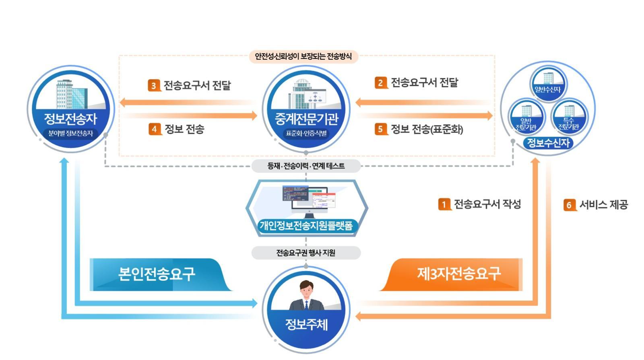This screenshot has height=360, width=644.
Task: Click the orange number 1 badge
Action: tap(444, 204)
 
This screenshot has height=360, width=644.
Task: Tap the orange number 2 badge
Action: tap(381, 83)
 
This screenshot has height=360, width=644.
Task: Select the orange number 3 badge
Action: tap(154, 85)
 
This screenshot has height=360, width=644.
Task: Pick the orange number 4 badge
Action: tap(155, 129)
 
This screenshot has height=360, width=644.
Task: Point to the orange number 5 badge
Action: tap(381, 129)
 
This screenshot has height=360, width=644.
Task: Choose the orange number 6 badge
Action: tap(569, 205)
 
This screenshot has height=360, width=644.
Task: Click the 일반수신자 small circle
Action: tap(548, 83)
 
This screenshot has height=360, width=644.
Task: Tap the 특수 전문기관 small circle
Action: tap(569, 117)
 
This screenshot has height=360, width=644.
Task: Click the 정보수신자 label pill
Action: tap(548, 143)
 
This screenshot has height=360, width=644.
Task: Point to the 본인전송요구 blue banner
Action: tap(161, 274)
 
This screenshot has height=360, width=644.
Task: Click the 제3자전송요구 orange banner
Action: tap(451, 274)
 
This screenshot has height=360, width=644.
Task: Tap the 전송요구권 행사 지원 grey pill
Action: tap(306, 253)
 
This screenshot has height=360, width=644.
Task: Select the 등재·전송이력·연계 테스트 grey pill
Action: tap(306, 166)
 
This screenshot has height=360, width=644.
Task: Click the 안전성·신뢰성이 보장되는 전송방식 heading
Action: tap(303, 56)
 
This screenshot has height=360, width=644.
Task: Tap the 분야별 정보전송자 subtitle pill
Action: tap(71, 133)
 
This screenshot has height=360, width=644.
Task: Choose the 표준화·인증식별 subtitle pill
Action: tap(306, 133)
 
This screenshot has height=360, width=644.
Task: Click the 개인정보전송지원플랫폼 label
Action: tap(306, 225)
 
